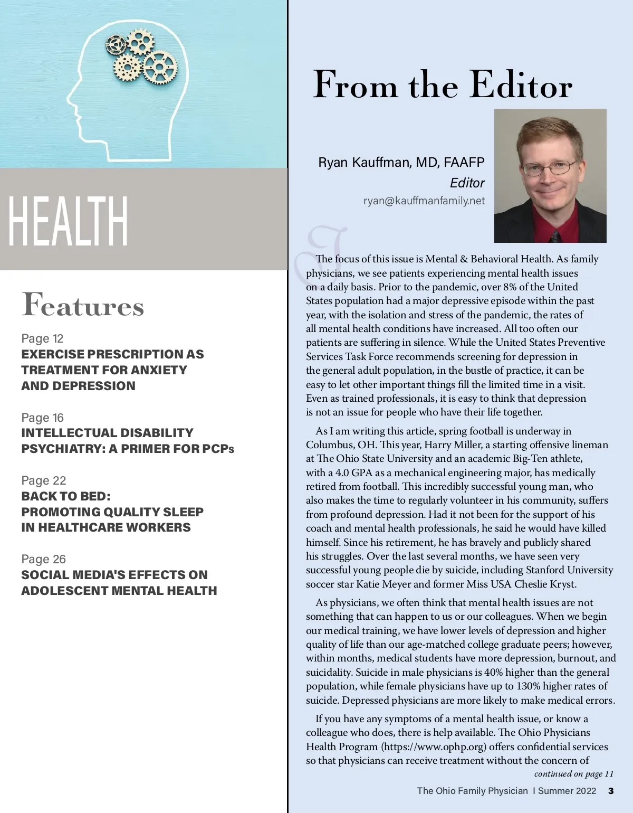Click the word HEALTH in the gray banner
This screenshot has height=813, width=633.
68,221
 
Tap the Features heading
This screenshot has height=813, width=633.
83,305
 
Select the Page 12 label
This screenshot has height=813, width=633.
42,338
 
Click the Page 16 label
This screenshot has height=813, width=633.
42,418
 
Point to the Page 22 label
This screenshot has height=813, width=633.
44,480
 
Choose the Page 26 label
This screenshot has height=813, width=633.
44,559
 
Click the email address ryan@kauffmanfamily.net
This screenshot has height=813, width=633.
424,201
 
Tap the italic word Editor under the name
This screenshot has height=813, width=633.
467,183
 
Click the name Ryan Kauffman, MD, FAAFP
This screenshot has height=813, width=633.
401,162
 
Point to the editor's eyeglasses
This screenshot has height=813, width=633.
549,168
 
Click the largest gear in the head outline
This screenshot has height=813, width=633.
160,68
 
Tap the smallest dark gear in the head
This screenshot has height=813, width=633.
116,45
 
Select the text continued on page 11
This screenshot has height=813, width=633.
573,774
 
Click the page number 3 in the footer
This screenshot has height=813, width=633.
611,791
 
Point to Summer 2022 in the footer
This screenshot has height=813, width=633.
567,791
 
